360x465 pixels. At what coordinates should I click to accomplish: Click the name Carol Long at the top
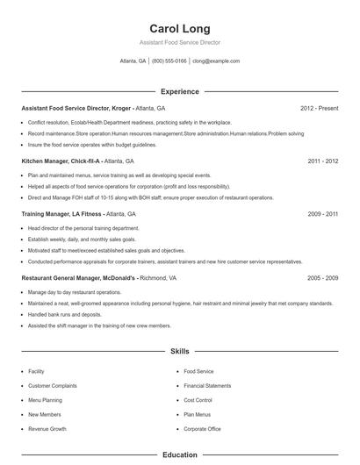point(179,28)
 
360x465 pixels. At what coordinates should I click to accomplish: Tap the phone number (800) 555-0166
point(169,61)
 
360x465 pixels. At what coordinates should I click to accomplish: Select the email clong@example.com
point(215,61)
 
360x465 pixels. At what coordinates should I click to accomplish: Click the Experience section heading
point(179,91)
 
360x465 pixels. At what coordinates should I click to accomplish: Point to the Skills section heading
point(179,351)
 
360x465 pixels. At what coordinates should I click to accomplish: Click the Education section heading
point(179,455)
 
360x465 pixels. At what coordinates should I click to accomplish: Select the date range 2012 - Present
point(319,108)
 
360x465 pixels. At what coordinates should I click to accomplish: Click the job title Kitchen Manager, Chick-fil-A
point(61,161)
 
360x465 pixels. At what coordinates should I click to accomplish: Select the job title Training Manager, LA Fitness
point(61,213)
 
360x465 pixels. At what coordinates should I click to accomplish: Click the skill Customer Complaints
point(52,385)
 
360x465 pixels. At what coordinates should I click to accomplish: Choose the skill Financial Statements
point(207,385)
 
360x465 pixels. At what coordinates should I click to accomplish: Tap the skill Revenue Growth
point(47,429)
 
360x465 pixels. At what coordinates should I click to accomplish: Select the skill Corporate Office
point(202,429)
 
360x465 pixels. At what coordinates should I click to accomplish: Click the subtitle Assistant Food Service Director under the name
point(179,42)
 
